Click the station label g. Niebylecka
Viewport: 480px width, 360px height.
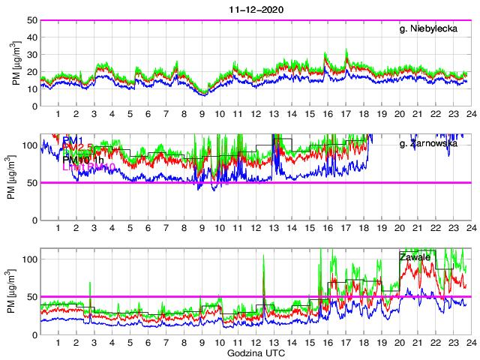(430, 30)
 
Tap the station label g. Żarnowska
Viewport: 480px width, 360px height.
(430, 143)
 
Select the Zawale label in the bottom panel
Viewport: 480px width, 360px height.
(415, 257)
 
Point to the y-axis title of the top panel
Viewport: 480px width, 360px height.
(16, 63)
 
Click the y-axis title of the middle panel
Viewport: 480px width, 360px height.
(16, 177)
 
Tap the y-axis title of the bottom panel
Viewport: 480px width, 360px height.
(16, 291)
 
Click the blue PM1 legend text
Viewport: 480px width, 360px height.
(73, 140)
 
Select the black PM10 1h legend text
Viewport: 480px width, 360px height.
(83, 159)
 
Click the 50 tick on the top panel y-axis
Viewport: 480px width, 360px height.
(33, 20)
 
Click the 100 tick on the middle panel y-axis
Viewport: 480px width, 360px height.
(30, 145)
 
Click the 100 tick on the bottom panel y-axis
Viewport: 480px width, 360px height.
(30, 259)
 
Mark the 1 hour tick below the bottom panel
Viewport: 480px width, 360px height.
(58, 343)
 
